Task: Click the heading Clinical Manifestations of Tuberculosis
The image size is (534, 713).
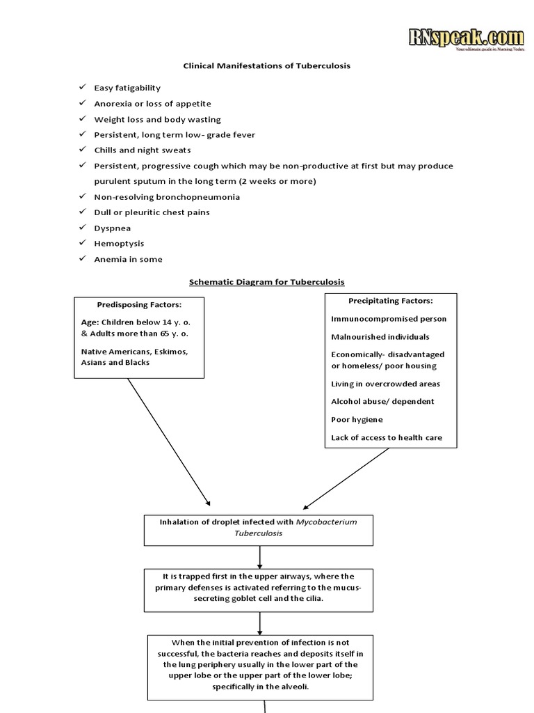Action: tap(266, 66)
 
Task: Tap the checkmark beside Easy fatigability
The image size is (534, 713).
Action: tap(83, 88)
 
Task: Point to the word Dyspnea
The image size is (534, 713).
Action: tap(113, 228)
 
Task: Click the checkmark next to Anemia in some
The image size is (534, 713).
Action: tap(83, 259)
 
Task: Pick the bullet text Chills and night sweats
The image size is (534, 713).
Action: tap(143, 150)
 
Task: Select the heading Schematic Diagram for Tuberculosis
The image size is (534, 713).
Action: tap(267, 282)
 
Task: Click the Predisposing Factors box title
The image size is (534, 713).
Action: tap(139, 305)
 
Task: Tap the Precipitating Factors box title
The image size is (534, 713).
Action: tap(390, 301)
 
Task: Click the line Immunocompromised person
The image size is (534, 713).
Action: tap(389, 319)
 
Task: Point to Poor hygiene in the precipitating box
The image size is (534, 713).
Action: tap(357, 420)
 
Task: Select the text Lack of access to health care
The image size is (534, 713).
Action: tap(386, 438)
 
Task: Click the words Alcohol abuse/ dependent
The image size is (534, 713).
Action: tap(382, 402)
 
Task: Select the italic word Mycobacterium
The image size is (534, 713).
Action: tap(326, 522)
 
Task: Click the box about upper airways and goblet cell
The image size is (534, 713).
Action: tap(259, 588)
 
